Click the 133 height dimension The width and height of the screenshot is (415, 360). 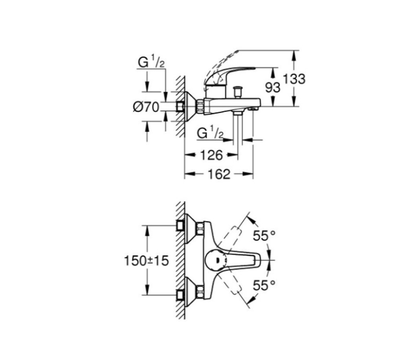click(294, 79)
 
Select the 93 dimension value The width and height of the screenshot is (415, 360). click(273, 88)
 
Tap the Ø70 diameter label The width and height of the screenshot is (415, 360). click(146, 107)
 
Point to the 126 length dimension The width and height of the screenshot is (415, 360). click(212, 155)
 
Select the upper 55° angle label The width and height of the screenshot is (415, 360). click(264, 236)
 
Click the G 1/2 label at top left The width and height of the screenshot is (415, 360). click(151, 62)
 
